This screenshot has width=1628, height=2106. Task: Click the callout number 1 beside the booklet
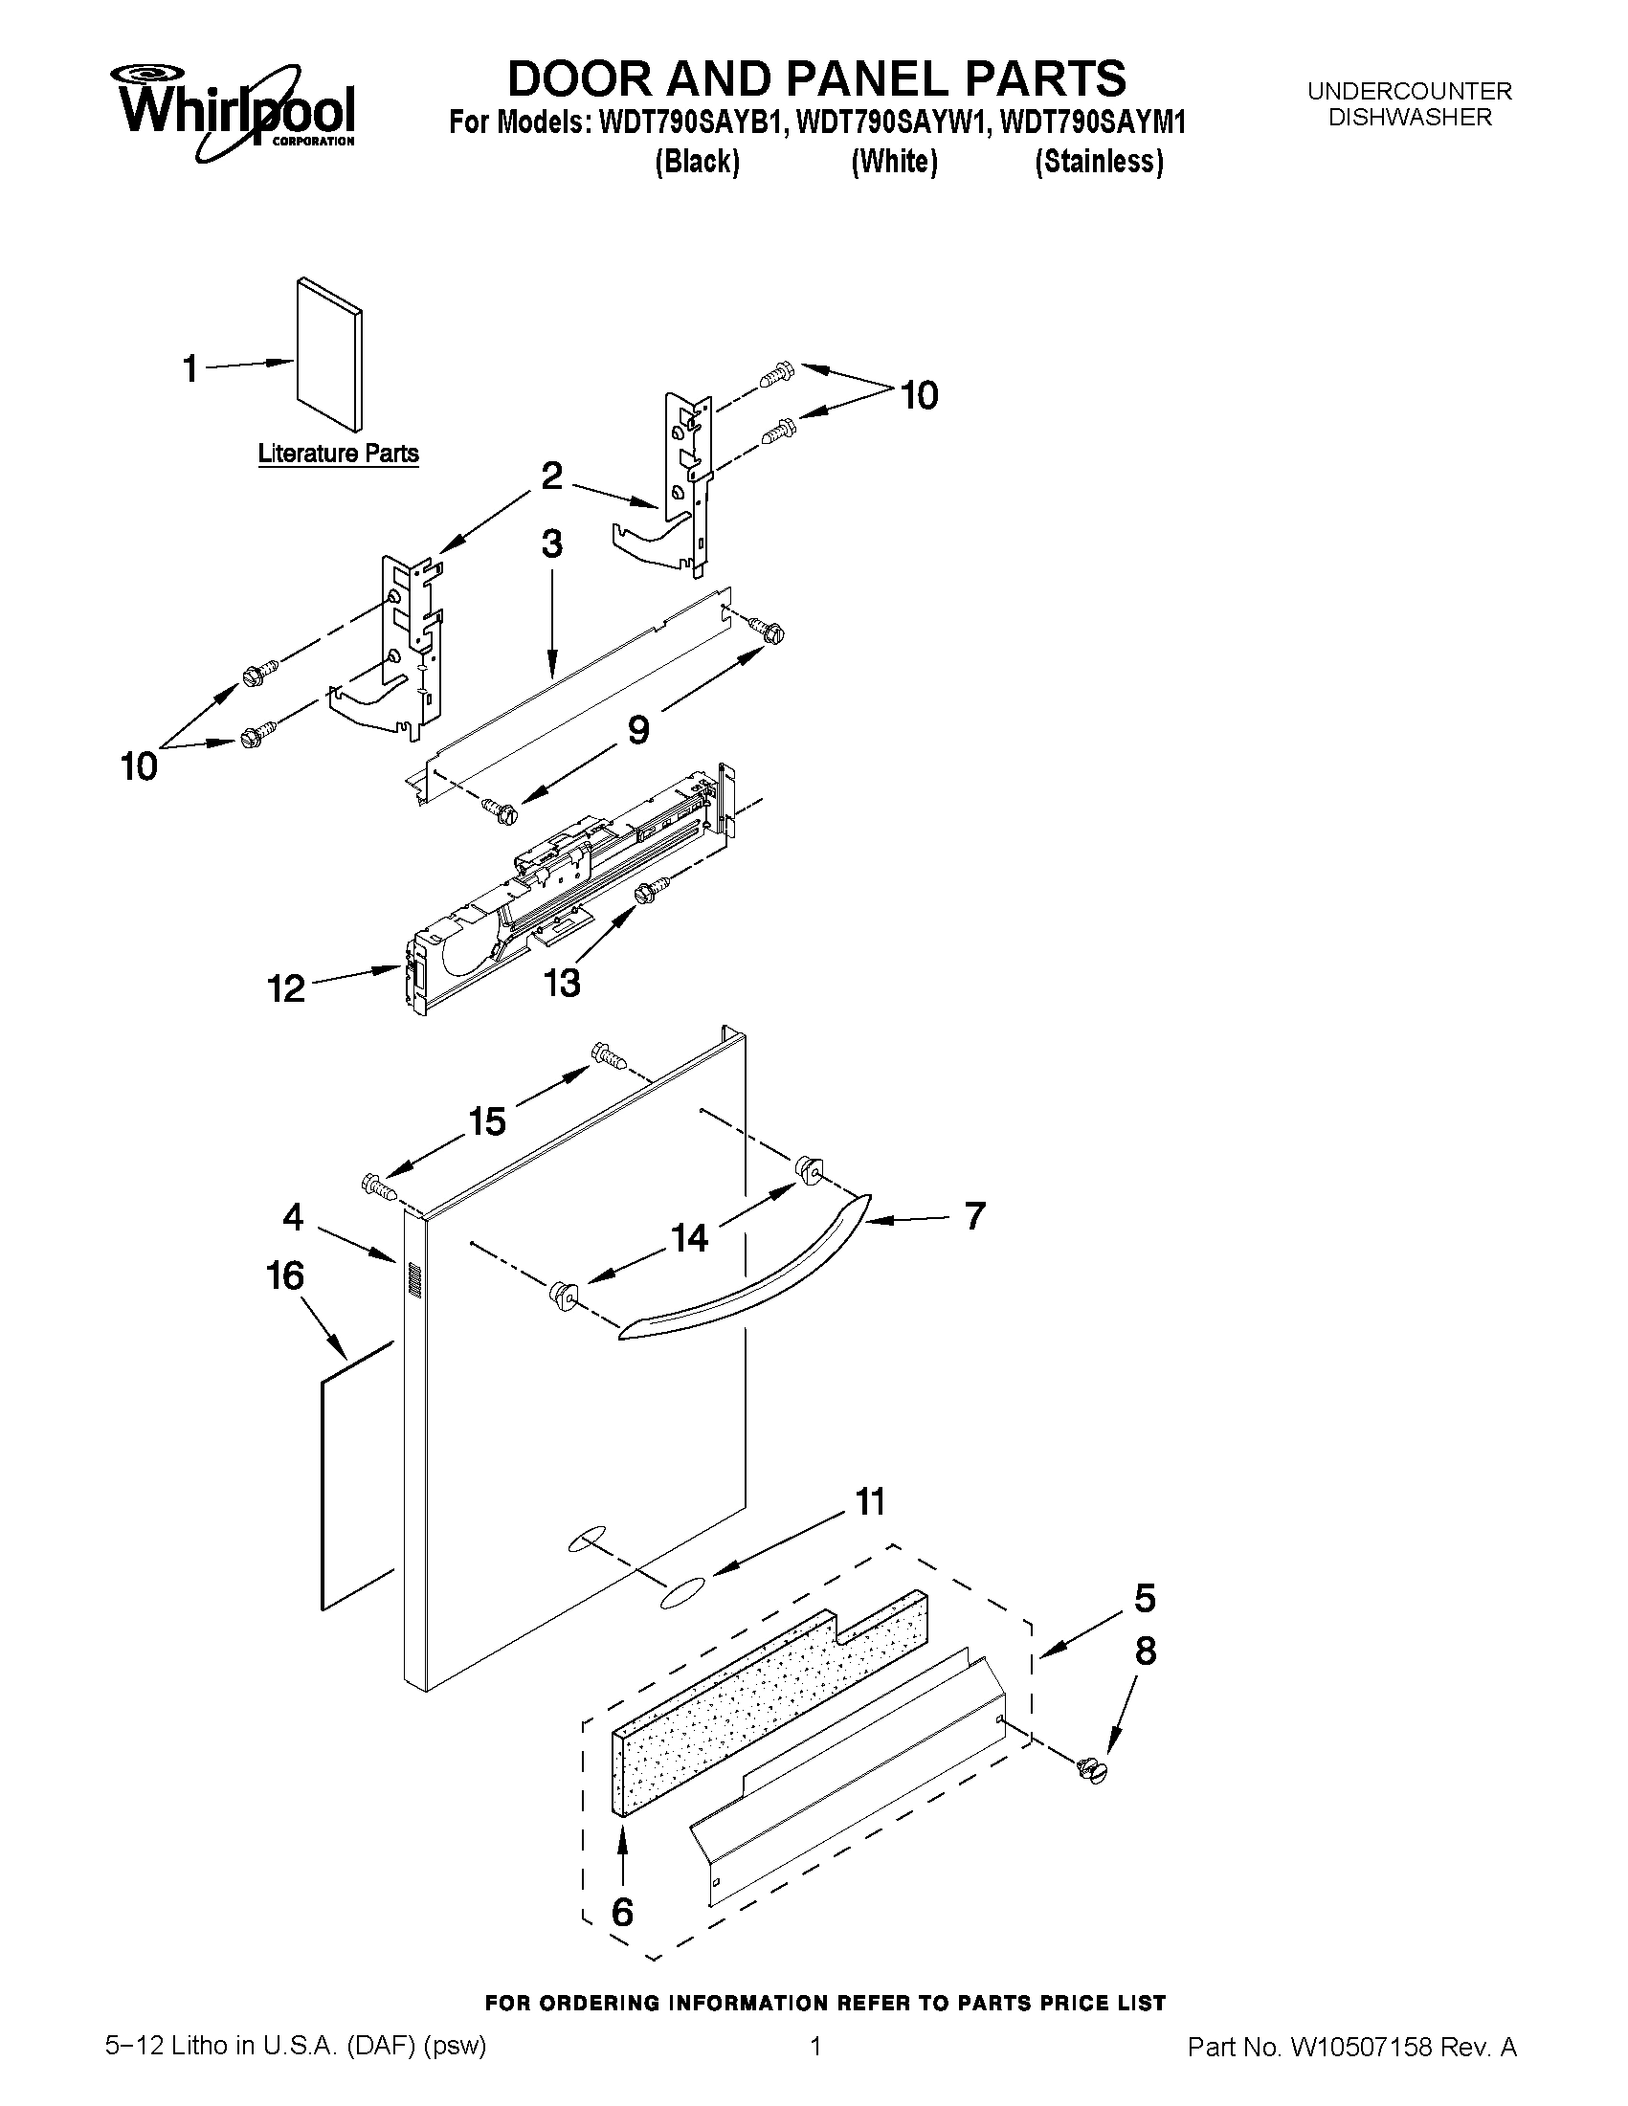pos(191,368)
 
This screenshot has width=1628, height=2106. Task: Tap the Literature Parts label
pos(339,454)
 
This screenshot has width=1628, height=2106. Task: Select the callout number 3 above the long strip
pos(550,544)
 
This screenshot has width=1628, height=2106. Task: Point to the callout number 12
pos(285,988)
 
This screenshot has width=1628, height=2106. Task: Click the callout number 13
pos(562,983)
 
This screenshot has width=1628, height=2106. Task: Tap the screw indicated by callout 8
pos(1093,1769)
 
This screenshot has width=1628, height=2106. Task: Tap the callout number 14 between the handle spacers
pos(690,1237)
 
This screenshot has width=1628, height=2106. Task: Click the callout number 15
pos(487,1121)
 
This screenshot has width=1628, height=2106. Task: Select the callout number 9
pos(638,730)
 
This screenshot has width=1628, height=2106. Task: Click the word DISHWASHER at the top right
pos(1409,118)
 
